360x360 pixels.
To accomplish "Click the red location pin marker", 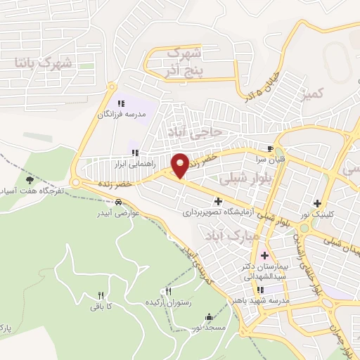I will pos(180,165).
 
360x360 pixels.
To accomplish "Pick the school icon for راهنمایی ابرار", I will pos(134,153).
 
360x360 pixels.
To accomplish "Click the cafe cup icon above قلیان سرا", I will pos(270,149).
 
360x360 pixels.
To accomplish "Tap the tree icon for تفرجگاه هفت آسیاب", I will pos(29,181).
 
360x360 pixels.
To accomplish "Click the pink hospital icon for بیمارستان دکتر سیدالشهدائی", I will pos(264,255).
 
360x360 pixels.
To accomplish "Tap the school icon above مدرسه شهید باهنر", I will pos(261,289).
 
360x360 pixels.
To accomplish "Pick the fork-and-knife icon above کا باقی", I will pos(101,295).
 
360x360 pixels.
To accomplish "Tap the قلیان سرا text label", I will pos(270,160).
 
